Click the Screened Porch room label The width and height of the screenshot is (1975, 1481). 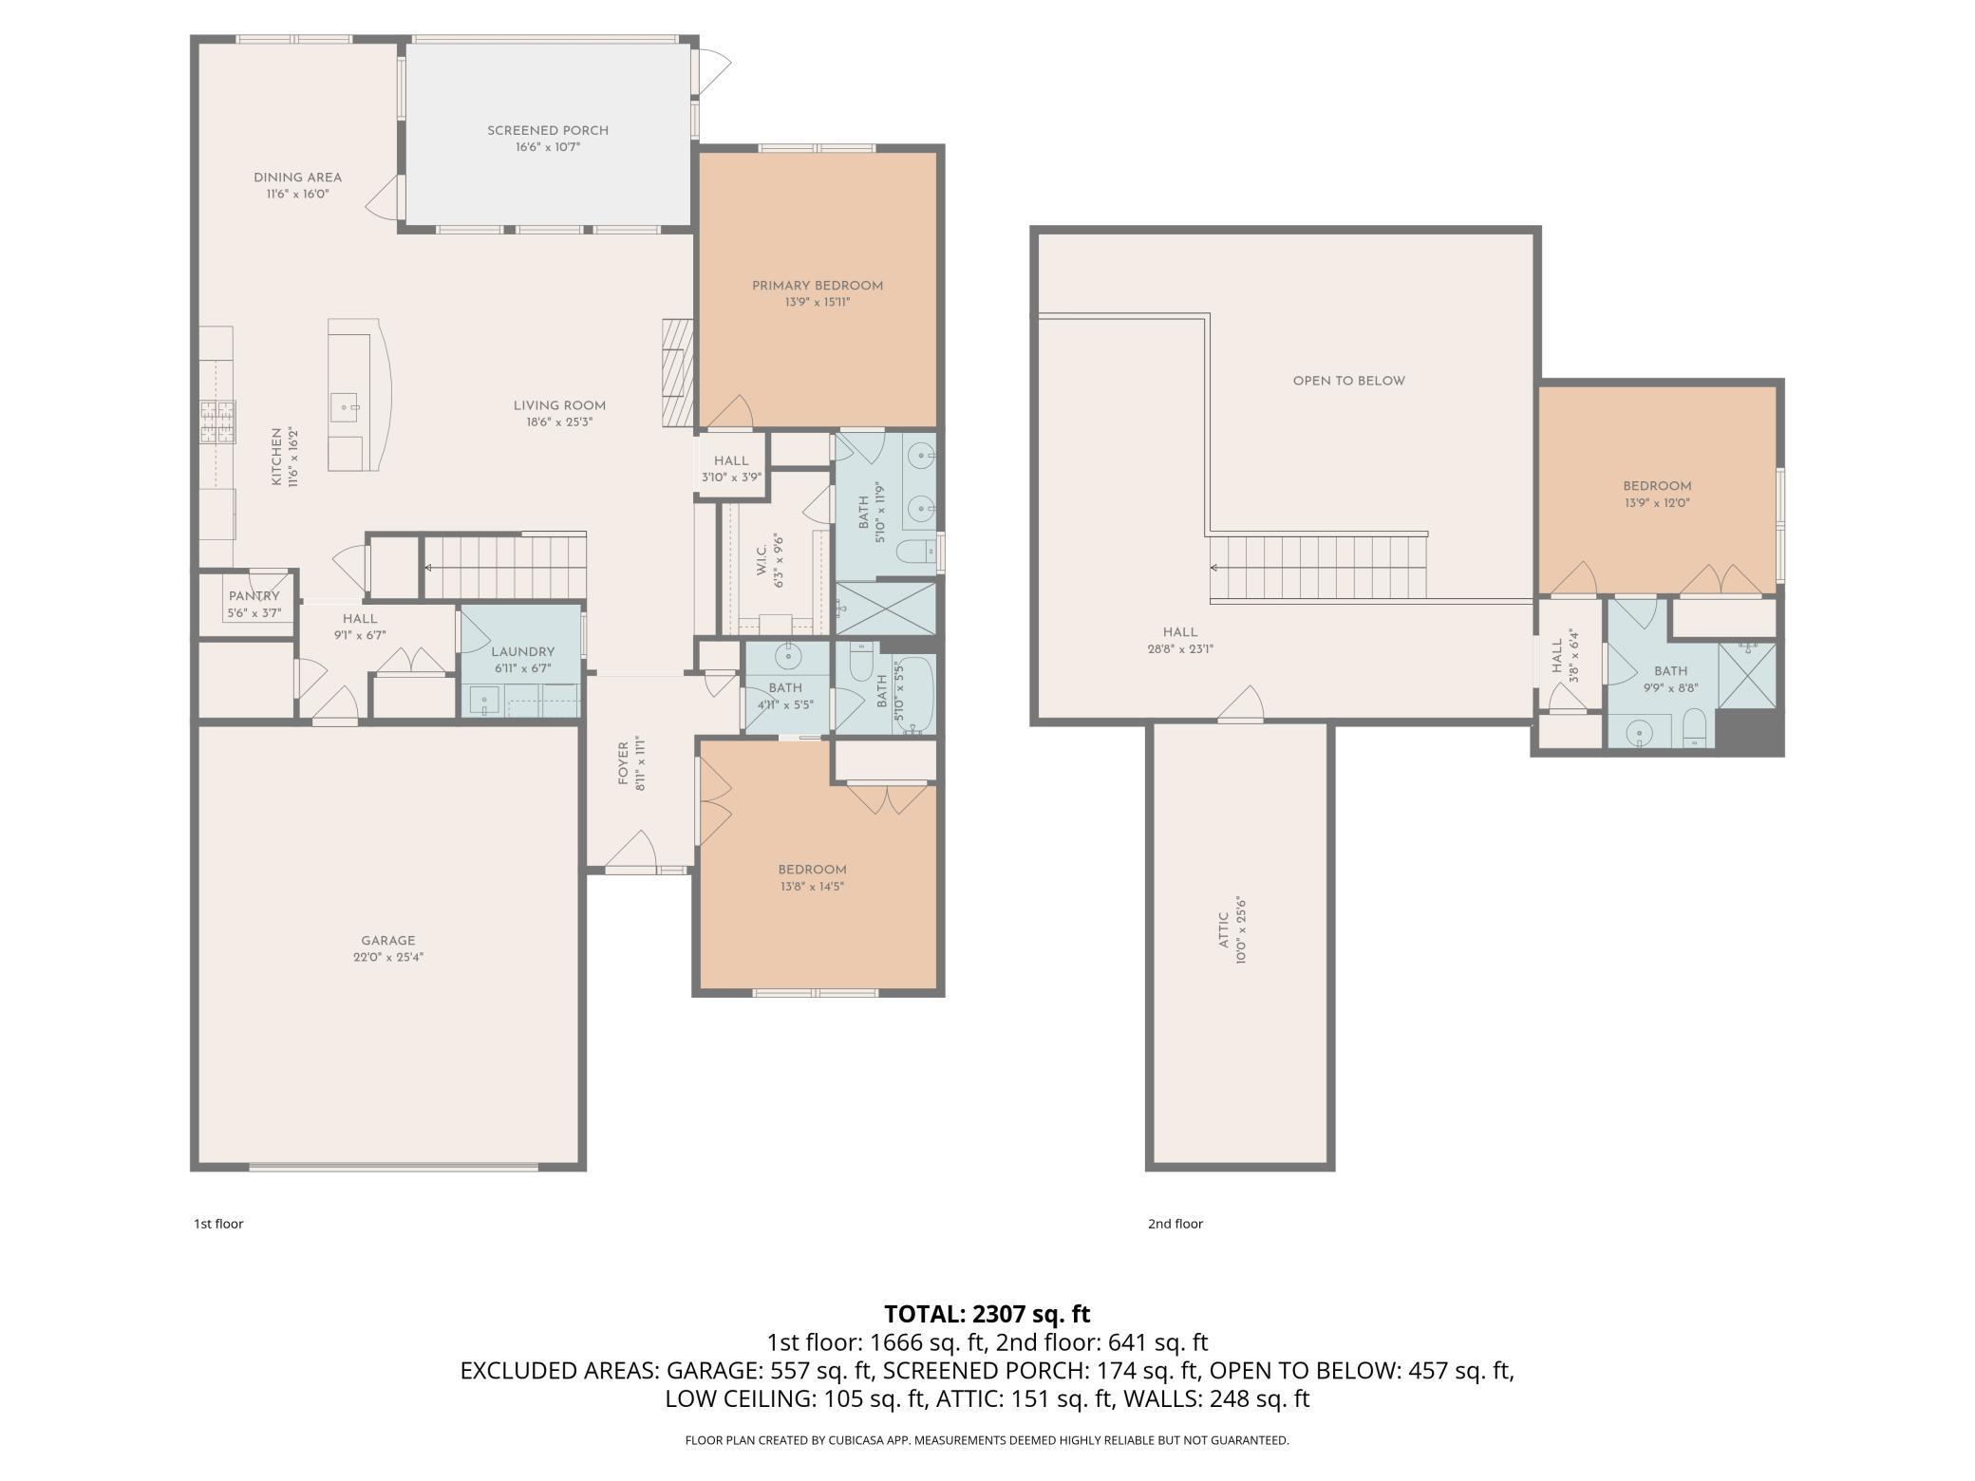(548, 131)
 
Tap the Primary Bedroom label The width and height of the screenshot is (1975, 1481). (817, 286)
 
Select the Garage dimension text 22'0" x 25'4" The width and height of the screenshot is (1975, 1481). (387, 957)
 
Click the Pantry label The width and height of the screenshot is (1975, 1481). (254, 596)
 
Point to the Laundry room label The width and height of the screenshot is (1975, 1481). (522, 652)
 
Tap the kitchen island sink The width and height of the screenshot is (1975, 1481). (345, 407)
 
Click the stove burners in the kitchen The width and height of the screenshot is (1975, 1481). (217, 422)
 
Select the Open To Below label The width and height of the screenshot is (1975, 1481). (1348, 381)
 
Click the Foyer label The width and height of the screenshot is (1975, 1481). (624, 764)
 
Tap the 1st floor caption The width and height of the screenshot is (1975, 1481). (218, 1224)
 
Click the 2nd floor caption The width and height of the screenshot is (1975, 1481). (1175, 1224)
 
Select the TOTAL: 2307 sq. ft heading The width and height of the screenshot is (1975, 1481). (987, 1314)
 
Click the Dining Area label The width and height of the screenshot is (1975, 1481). (297, 178)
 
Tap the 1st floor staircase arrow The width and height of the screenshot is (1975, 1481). (429, 568)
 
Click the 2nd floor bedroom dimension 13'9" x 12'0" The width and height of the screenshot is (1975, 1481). (1657, 503)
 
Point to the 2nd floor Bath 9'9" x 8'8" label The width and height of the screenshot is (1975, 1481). (1670, 671)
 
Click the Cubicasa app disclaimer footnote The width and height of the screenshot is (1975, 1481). (987, 1440)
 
